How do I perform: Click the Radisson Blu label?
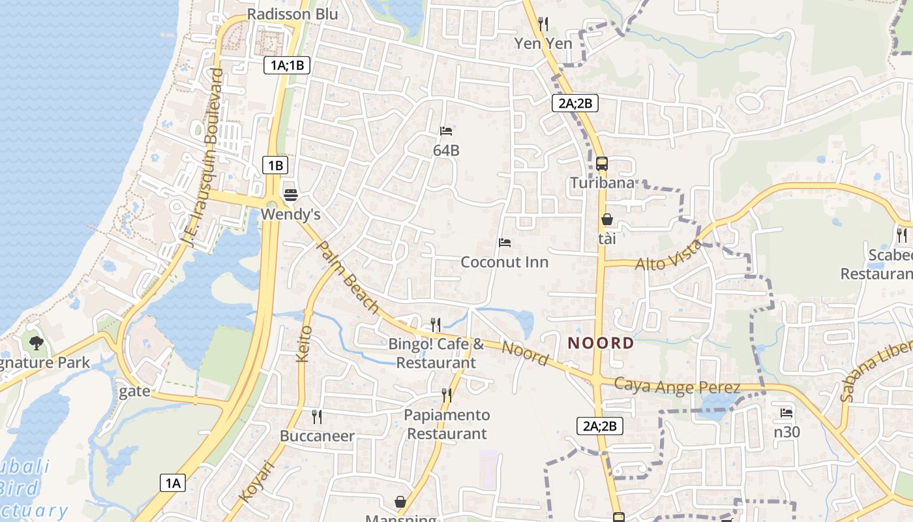293,14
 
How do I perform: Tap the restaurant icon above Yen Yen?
543,24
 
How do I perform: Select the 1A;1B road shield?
287,65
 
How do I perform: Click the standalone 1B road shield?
275,165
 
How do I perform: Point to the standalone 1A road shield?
172,483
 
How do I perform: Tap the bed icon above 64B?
446,131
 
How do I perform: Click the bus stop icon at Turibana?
601,164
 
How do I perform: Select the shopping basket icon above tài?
606,219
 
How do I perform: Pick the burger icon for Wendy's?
291,194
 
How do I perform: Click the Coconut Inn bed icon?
504,243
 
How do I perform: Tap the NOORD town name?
601,343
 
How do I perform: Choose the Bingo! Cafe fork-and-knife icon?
436,324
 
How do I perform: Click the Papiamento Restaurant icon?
447,395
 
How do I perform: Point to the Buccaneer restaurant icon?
317,416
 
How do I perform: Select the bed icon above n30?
786,413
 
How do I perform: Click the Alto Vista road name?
669,256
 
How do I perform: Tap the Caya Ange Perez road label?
677,386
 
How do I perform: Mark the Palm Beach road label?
347,277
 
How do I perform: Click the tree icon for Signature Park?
37,343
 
